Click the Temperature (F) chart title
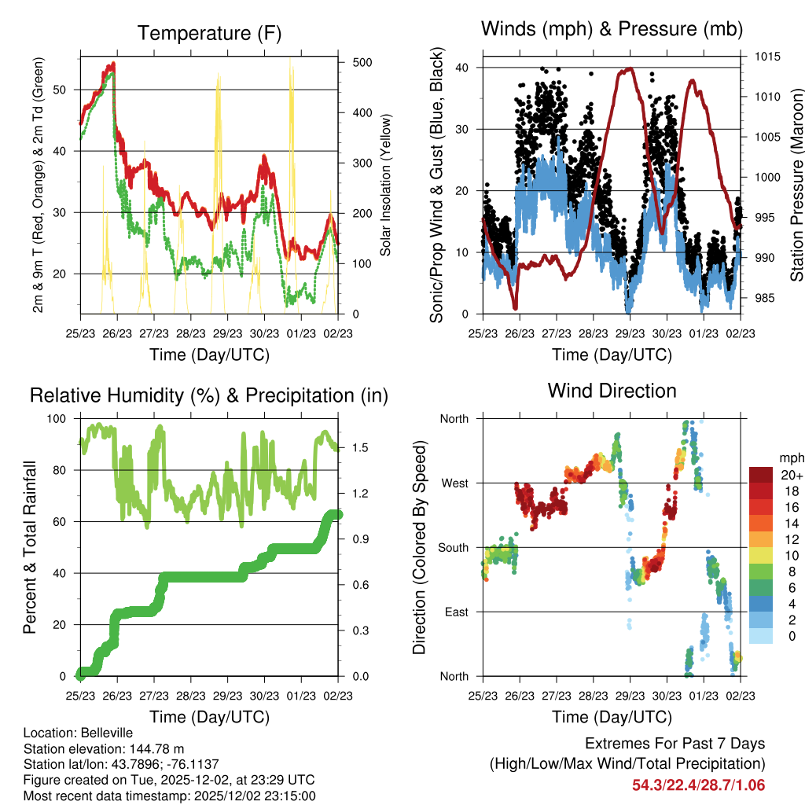point(208,33)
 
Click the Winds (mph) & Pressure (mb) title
point(612,29)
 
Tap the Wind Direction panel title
point(612,391)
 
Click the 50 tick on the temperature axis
point(66,90)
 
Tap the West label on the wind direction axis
point(454,483)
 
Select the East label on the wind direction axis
point(454,612)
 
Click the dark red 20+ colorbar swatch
point(763,475)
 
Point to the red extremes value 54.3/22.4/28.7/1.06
point(698,785)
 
